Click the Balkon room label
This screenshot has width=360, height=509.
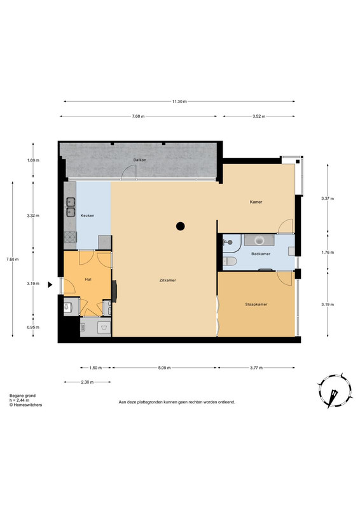point(139,160)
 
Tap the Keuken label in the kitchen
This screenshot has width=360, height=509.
point(87,216)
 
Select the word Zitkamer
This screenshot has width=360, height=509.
point(168,280)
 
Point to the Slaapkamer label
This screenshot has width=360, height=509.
point(256,305)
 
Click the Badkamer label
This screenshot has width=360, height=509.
point(261,254)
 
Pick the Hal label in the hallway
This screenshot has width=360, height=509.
point(88,279)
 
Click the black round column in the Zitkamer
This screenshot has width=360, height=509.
point(181,226)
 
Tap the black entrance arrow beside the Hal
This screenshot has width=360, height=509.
point(50,284)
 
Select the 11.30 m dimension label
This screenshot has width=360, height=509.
point(179,101)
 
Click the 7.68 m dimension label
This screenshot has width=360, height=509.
point(138,116)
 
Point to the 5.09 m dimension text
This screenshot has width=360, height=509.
point(164,368)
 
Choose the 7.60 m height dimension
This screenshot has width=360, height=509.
point(13,260)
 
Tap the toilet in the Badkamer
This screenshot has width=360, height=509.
point(230,261)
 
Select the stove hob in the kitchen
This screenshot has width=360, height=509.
point(70,237)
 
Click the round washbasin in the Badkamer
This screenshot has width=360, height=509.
point(260,241)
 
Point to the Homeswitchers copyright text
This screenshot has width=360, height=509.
point(25,405)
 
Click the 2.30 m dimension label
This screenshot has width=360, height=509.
point(87,382)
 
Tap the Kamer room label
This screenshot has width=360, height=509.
point(256,202)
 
